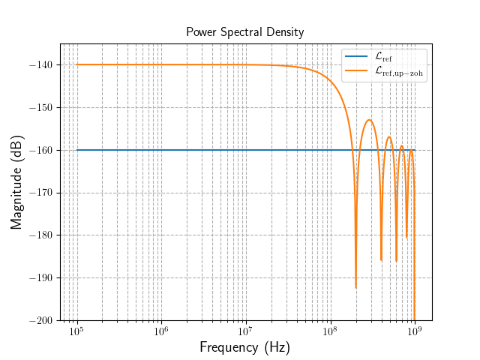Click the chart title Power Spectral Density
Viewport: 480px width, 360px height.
click(245, 32)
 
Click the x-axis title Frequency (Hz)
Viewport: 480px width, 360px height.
click(244, 347)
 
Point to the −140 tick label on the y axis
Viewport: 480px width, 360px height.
click(42, 65)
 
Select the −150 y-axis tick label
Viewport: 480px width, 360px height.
click(42, 108)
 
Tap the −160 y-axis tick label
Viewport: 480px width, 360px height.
click(42, 150)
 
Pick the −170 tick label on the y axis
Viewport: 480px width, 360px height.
click(42, 193)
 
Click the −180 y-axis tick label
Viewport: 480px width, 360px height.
click(42, 235)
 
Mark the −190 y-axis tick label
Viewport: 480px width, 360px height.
click(42, 277)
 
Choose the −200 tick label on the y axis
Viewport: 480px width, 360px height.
click(42, 320)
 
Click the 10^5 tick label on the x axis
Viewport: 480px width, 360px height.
click(76, 331)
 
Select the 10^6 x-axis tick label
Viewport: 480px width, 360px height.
click(161, 331)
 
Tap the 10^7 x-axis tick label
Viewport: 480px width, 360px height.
click(245, 331)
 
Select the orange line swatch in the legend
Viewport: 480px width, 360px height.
click(355, 70)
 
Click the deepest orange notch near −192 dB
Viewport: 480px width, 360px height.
click(355, 287)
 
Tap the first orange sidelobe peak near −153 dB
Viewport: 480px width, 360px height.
click(370, 120)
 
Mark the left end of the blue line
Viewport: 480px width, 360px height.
click(77, 150)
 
